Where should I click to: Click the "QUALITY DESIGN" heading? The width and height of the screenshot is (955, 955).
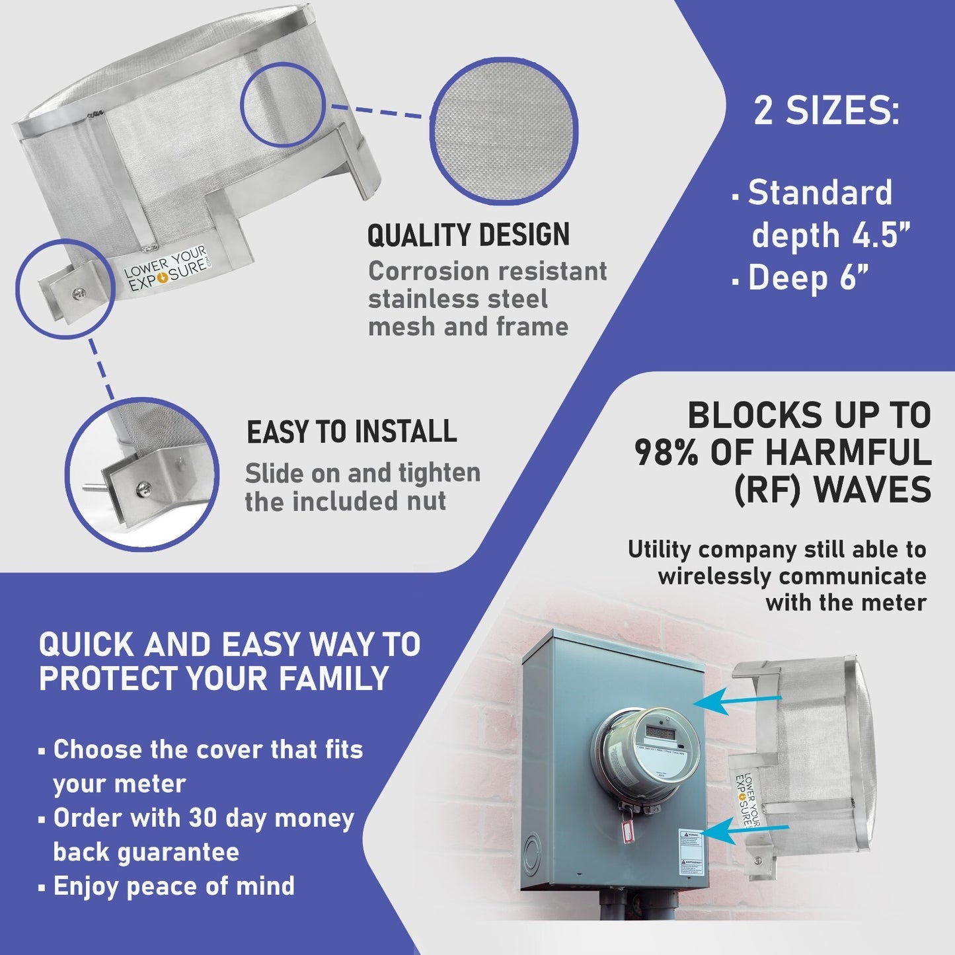click(x=468, y=236)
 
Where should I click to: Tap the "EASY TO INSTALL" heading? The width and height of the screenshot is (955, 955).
click(x=352, y=432)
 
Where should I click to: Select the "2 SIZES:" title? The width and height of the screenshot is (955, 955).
click(x=826, y=111)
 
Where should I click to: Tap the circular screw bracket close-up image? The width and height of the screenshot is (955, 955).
click(x=142, y=473)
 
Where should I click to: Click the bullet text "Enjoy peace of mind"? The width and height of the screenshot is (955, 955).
click(x=174, y=886)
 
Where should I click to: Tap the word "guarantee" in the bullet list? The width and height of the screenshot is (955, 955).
click(x=146, y=852)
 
